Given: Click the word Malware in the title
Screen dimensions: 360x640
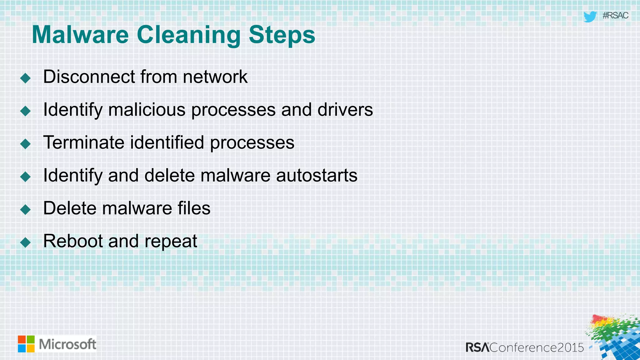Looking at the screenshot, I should [80, 35].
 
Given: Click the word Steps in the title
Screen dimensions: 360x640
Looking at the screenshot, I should [282, 35].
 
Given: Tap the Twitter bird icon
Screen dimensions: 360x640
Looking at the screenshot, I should [590, 17].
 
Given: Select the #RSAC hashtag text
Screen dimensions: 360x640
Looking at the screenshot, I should [615, 16].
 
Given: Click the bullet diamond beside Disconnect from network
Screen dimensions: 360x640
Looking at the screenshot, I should [25, 78].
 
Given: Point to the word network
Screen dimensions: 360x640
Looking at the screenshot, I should [215, 77].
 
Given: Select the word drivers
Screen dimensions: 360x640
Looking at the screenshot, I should [345, 110].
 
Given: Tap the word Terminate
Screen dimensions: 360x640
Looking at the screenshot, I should [84, 142].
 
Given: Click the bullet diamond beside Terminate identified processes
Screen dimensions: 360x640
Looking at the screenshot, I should [25, 144].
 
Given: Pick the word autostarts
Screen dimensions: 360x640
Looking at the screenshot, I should [317, 175].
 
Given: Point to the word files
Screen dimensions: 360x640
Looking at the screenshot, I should [194, 208].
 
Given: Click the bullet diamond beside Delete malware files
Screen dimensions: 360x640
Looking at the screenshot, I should [25, 209].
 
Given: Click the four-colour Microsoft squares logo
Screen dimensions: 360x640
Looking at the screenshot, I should [26, 344].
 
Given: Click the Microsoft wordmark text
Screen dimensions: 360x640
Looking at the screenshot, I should [67, 344].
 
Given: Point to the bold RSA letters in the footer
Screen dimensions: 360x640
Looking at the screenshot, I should [477, 347].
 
